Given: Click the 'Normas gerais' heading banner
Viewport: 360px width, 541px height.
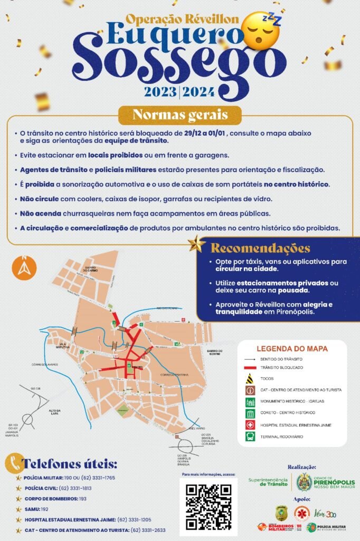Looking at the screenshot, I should point(180,115).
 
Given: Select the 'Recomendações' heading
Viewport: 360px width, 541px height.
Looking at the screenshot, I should point(261,248).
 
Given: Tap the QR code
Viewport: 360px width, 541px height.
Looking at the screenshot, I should point(208,506).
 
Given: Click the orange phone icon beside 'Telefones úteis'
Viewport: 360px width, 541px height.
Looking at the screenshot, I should point(14,463).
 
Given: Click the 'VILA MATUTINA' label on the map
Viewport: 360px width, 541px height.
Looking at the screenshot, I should point(64,346).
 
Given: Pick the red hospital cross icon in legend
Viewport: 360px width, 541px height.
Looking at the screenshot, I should point(250,425).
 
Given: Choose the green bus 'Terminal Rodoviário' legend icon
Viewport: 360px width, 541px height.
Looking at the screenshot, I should point(250,436).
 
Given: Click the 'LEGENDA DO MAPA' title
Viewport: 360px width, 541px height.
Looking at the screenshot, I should point(292,349).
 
